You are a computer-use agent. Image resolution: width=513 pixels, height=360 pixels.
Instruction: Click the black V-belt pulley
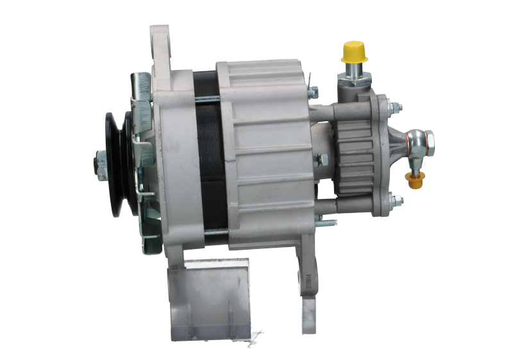pyautogui.click(x=117, y=163)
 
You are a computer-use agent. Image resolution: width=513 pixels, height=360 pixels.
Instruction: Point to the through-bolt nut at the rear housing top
pyautogui.click(x=312, y=93)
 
